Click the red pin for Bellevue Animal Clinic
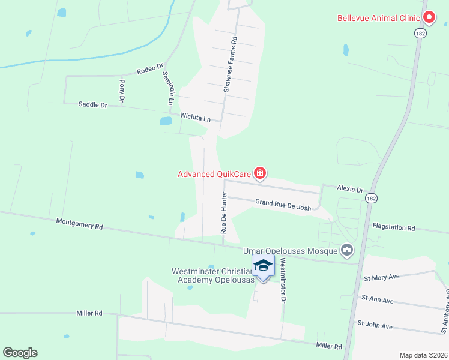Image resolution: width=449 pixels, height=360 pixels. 429,17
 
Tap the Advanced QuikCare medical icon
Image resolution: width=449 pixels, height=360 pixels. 260,174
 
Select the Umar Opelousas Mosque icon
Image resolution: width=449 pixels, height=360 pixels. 346,249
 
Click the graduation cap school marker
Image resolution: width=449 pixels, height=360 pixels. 263,266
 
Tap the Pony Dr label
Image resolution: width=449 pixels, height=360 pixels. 122,89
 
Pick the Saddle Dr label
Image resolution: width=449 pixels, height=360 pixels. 92,104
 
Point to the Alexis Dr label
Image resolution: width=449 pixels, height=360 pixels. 350,190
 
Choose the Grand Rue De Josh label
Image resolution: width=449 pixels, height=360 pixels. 283,205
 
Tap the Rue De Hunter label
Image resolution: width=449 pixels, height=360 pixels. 223,213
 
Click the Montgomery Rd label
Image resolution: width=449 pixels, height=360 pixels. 80,224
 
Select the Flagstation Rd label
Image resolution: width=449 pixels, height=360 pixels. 394,227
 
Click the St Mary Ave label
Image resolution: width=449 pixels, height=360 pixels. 382,278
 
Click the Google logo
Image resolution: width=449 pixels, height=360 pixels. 20,353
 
